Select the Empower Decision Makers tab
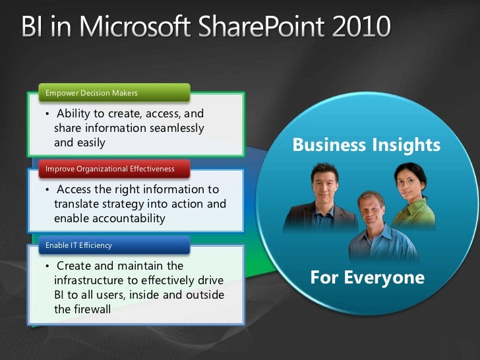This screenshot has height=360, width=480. point(92,93)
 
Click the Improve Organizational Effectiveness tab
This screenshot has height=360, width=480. point(110,169)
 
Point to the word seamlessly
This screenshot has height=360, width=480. point(171,128)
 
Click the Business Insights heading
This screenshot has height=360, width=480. point(366,144)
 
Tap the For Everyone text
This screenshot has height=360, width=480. point(367,278)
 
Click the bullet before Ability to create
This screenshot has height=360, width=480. point(47,114)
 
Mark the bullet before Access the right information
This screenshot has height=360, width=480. point(47,190)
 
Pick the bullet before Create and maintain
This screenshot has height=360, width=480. point(47,266)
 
